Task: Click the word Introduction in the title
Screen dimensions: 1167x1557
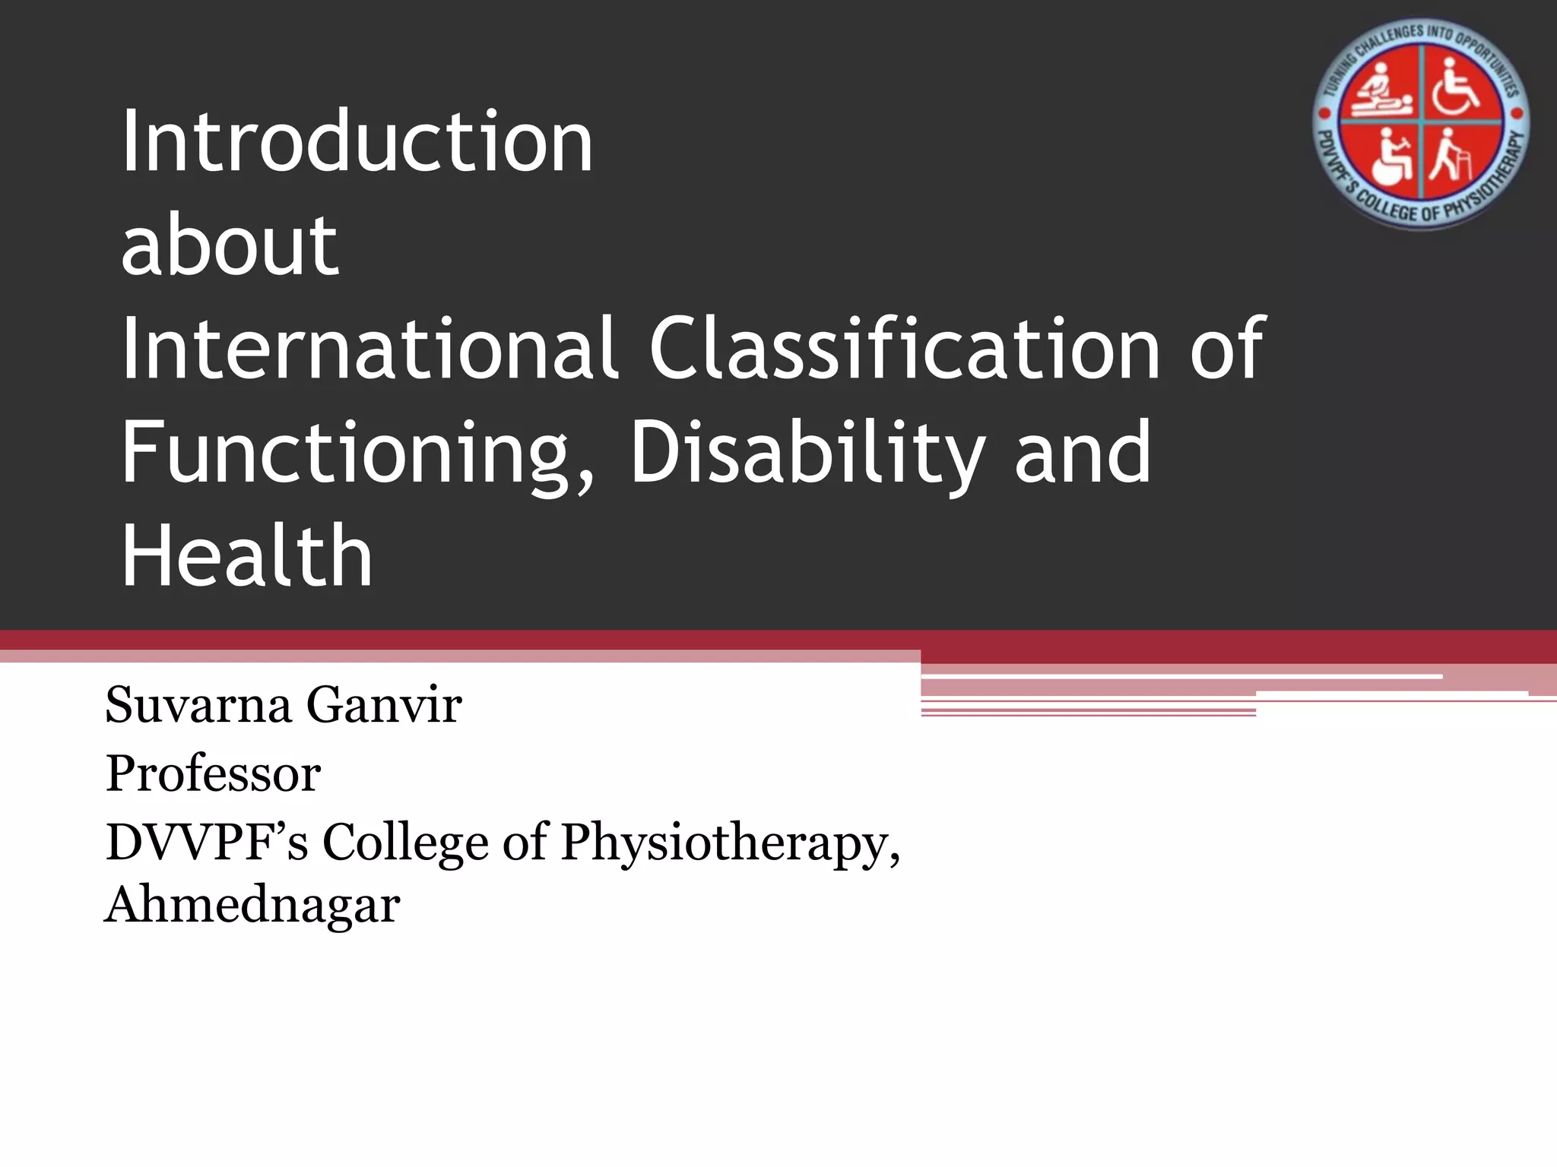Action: point(357,141)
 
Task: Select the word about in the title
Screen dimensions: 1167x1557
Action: point(229,245)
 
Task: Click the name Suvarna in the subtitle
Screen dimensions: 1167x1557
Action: point(198,705)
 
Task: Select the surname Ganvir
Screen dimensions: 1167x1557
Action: point(384,705)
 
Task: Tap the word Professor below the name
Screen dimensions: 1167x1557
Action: point(213,774)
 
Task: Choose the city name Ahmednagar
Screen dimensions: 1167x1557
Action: point(252,905)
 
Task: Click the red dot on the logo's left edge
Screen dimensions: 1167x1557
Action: point(1324,114)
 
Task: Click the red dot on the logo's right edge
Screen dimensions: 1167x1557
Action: point(1521,114)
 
